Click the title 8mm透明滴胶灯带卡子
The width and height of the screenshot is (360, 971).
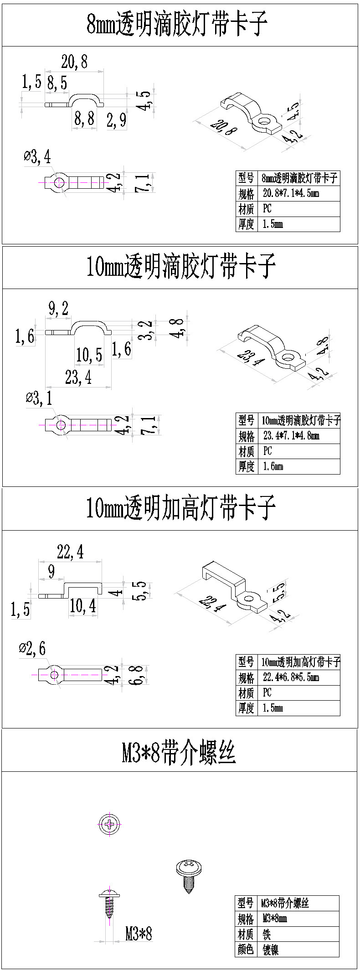pyautogui.click(x=177, y=24)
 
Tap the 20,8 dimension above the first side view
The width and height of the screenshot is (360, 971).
pyautogui.click(x=74, y=62)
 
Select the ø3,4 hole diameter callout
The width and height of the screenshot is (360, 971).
pyautogui.click(x=37, y=157)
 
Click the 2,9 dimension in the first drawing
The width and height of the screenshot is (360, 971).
pyautogui.click(x=116, y=120)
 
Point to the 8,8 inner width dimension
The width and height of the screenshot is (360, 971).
pyautogui.click(x=84, y=119)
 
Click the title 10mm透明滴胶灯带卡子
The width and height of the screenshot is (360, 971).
pyautogui.click(x=181, y=267)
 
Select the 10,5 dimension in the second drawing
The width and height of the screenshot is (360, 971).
pyautogui.click(x=89, y=354)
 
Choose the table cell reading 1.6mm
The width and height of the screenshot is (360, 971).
pyautogui.click(x=273, y=466)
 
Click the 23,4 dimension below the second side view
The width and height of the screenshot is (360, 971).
pyautogui.click(x=78, y=377)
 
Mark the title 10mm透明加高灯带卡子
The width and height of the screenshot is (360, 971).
pyautogui.click(x=181, y=508)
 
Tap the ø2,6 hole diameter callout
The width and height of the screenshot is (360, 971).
pyautogui.click(x=32, y=648)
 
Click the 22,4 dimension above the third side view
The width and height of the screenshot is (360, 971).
pyautogui.click(x=70, y=553)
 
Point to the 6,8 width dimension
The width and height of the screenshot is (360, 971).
pyautogui.click(x=138, y=675)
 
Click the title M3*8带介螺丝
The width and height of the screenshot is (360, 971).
pyautogui.click(x=178, y=752)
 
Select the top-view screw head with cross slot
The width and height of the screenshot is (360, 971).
pyautogui.click(x=110, y=824)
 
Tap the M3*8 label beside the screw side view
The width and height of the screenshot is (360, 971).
pyautogui.click(x=139, y=934)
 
